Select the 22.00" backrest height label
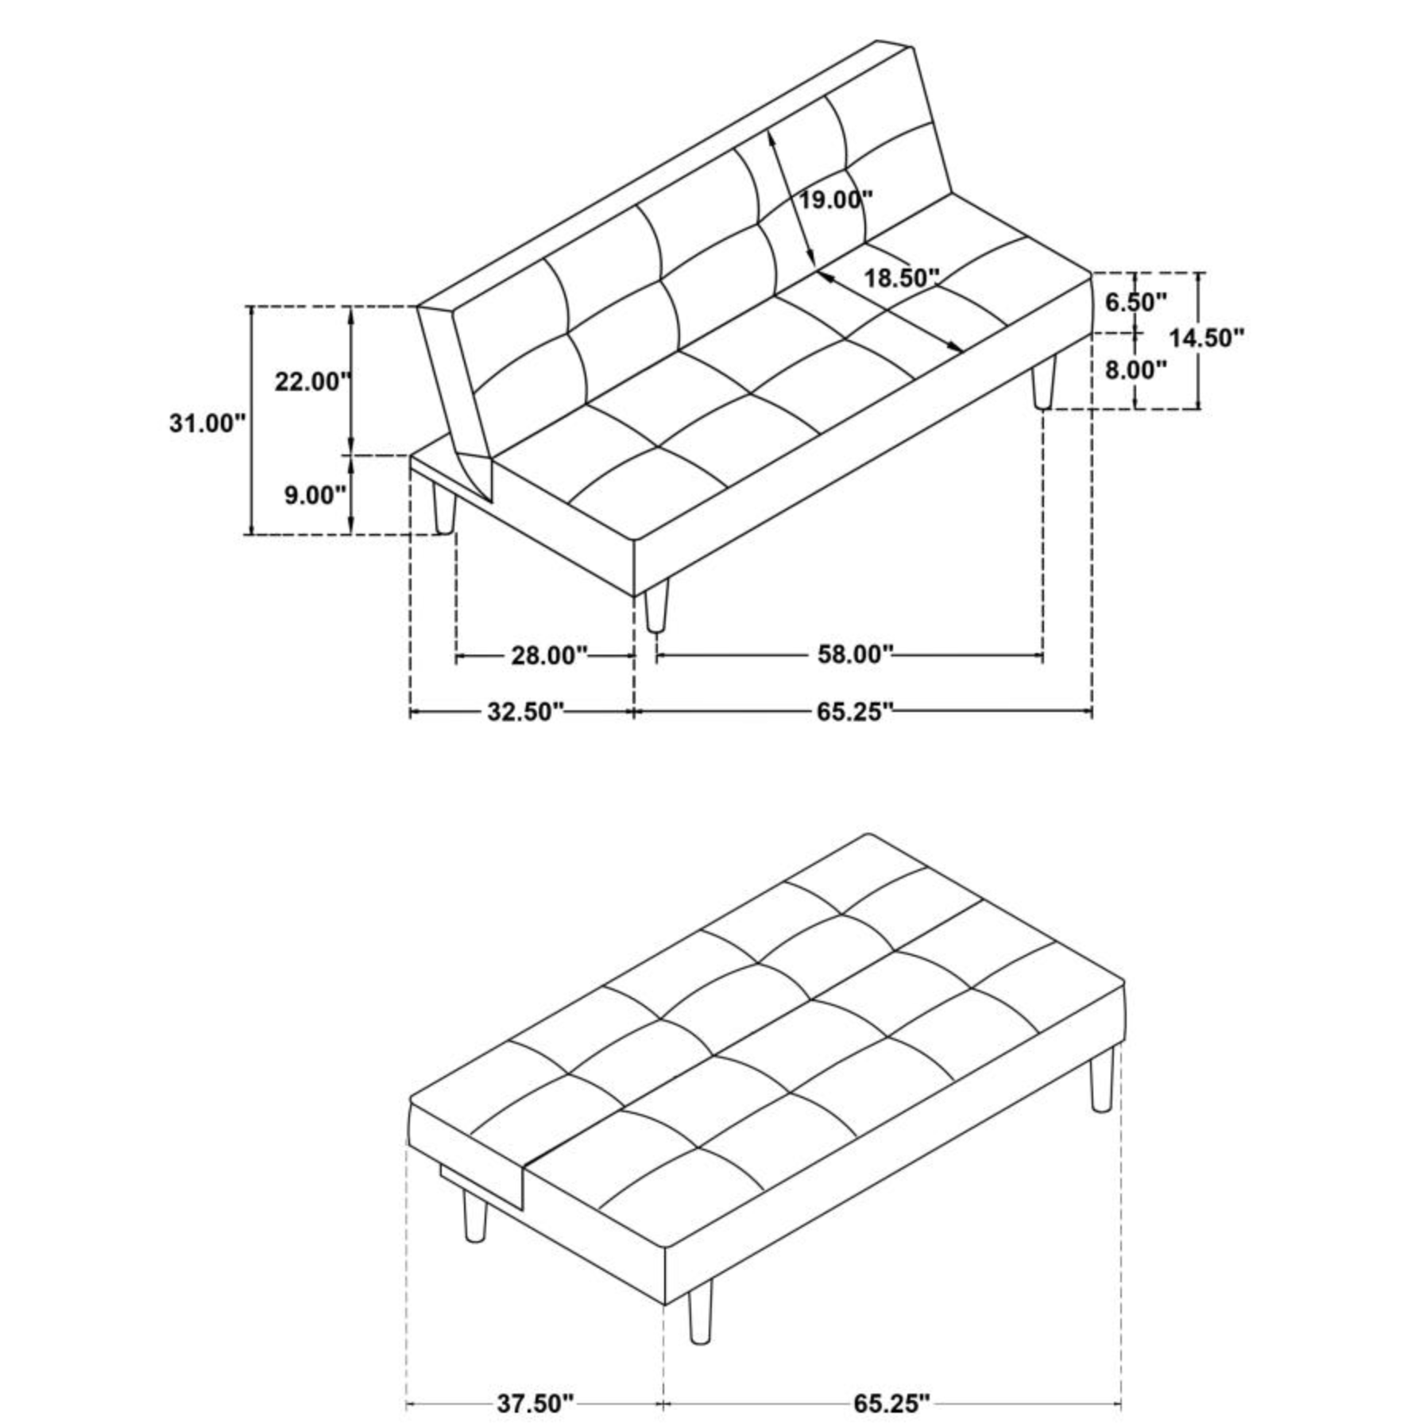tap(312, 381)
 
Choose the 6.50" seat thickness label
tap(1136, 302)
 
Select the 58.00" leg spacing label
tap(856, 655)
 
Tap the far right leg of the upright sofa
tap(1044, 383)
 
